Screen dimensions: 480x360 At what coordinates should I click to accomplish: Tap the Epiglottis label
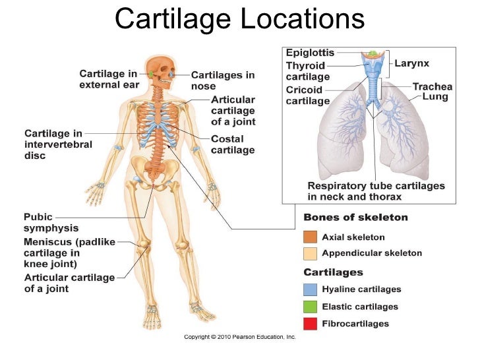(x=309, y=53)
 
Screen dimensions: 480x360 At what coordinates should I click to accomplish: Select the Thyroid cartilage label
(x=305, y=71)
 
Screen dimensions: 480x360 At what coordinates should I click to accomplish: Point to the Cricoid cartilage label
(x=307, y=96)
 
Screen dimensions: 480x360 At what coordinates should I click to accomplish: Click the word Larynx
(x=412, y=64)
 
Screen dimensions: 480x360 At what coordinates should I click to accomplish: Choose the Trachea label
(x=432, y=86)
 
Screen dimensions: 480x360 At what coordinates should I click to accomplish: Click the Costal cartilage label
(x=232, y=144)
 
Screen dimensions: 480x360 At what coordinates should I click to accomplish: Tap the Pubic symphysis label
(x=51, y=222)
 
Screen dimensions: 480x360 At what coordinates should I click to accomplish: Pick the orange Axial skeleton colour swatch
(x=310, y=237)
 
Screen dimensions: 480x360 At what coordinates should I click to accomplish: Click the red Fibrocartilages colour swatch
(x=310, y=323)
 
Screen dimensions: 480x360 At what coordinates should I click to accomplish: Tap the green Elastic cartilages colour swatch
(x=310, y=306)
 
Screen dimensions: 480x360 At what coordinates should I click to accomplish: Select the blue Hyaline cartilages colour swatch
(x=310, y=289)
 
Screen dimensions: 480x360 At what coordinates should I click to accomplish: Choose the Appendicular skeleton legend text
(x=372, y=253)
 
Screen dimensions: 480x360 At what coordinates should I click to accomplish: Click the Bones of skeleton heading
(x=355, y=218)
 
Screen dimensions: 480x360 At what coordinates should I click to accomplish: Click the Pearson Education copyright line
(x=239, y=337)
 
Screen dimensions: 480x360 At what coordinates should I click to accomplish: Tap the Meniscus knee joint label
(x=69, y=252)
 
